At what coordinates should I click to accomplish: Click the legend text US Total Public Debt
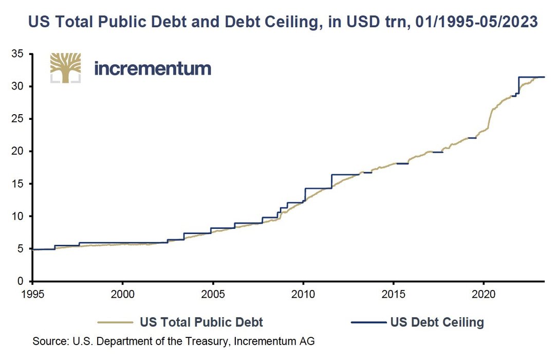[x=201, y=322]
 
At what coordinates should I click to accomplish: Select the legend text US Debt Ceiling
[x=437, y=322]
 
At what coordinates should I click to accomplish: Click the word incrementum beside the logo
[x=153, y=68]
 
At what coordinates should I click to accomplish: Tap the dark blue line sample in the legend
[x=368, y=322]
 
